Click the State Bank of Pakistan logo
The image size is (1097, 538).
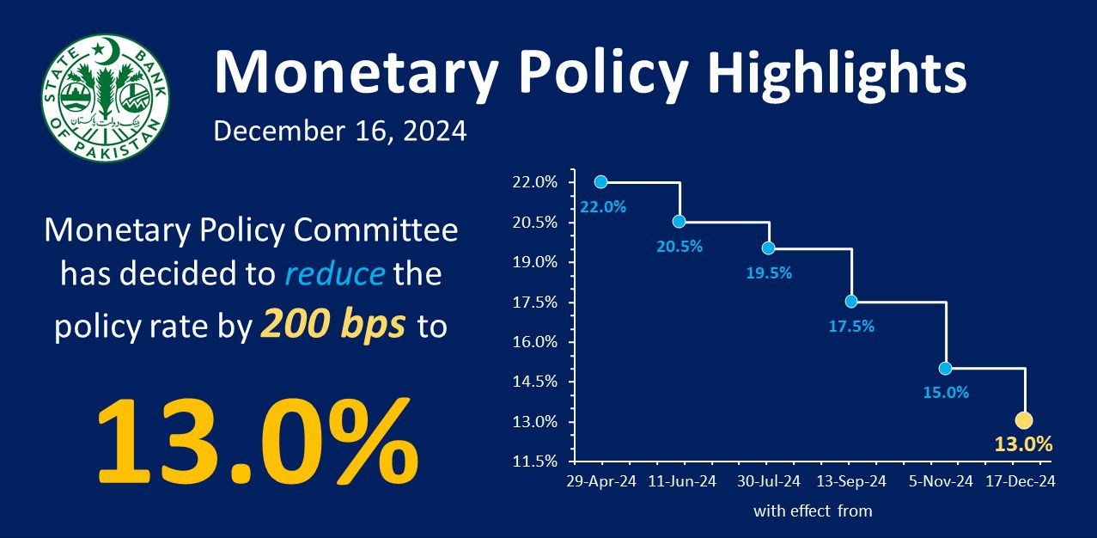click(107, 95)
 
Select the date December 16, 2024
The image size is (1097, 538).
click(340, 132)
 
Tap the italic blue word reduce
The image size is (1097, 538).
click(333, 276)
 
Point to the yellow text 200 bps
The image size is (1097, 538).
click(333, 327)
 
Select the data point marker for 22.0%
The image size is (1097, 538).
click(600, 181)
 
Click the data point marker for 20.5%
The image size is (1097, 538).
click(679, 221)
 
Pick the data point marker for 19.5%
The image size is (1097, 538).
click(768, 248)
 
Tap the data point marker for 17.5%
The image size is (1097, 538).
click(850, 301)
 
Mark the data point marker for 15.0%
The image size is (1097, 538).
click(945, 368)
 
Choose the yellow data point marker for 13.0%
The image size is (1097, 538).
click(1023, 420)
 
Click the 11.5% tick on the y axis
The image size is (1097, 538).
click(535, 462)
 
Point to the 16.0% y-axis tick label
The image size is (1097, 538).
click(535, 342)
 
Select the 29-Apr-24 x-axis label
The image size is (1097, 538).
click(601, 481)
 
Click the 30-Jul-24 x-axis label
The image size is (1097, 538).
click(768, 481)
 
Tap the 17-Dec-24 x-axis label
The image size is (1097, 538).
click(1020, 481)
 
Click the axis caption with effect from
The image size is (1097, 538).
click(813, 511)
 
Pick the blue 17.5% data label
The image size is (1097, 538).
click(850, 326)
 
